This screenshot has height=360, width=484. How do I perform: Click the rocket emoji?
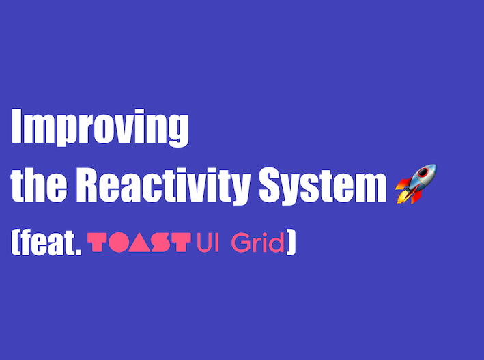[416, 184]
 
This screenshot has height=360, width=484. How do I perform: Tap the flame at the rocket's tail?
[402, 197]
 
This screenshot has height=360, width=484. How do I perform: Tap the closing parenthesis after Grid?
[291, 243]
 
